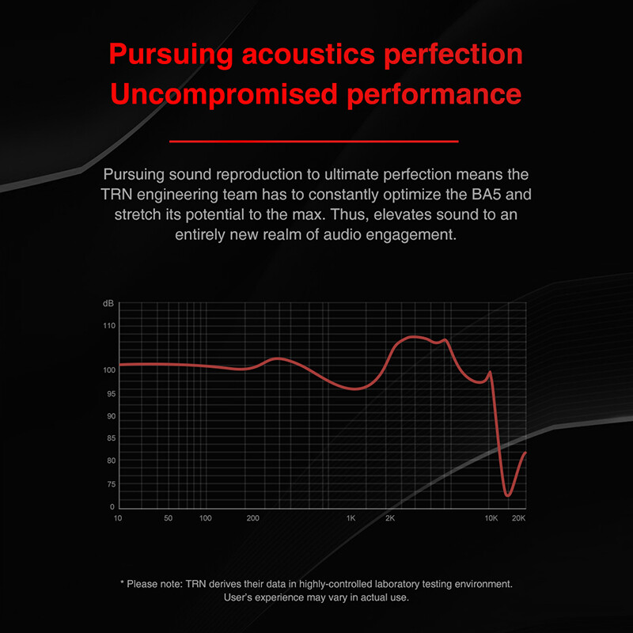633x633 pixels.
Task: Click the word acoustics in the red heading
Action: [x=309, y=55]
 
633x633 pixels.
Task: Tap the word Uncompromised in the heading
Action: [x=224, y=94]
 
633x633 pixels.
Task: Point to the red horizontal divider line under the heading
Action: [x=313, y=142]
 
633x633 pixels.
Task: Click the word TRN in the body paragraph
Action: [x=116, y=195]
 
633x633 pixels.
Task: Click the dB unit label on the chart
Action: [x=108, y=304]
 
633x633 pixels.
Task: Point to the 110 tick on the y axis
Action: [x=109, y=325]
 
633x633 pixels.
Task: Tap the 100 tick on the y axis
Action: [x=109, y=370]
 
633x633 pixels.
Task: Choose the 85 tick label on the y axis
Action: [x=111, y=438]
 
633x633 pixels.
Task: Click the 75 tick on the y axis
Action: [x=111, y=484]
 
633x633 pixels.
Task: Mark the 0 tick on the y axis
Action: [x=112, y=506]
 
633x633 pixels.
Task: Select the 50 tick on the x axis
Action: [x=168, y=518]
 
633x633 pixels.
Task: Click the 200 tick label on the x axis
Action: [x=252, y=518]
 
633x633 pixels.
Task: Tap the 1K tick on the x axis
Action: [x=351, y=518]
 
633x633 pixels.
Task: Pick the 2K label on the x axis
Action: [x=390, y=518]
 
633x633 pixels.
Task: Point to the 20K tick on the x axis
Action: [x=519, y=518]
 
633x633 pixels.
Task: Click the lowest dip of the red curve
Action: [x=507, y=495]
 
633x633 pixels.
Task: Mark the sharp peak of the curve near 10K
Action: [x=490, y=372]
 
